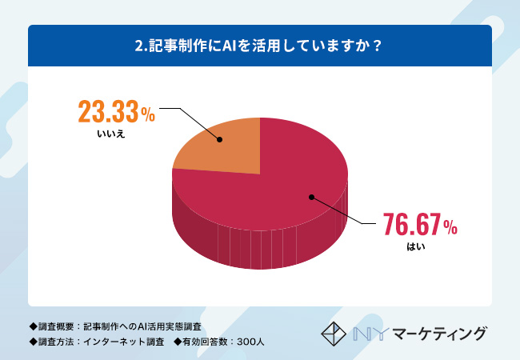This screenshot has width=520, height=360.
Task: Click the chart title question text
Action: [259, 46]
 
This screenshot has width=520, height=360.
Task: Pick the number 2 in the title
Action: [140, 46]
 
